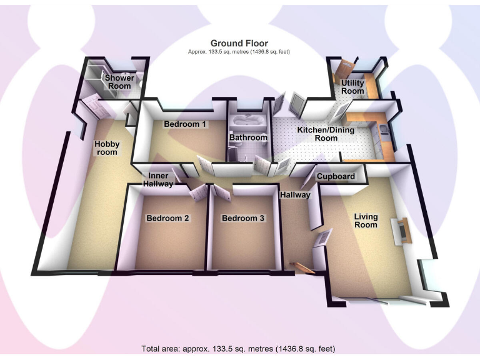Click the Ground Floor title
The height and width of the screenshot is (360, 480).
239,43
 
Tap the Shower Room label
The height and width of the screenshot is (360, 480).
118,82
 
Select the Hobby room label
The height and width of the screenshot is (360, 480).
107,148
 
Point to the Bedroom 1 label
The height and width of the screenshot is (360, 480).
185,124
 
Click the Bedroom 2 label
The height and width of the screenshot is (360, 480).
167,218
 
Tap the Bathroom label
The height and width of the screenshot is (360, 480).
248,137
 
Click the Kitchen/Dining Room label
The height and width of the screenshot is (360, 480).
326,134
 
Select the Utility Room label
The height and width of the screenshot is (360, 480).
352,87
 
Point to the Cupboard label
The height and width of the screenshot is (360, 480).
336,176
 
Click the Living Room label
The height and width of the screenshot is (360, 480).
366,221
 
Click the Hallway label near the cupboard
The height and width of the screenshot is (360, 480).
295,195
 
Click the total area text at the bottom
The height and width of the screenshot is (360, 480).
239,347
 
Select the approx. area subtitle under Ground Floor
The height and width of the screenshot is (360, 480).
239,52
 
